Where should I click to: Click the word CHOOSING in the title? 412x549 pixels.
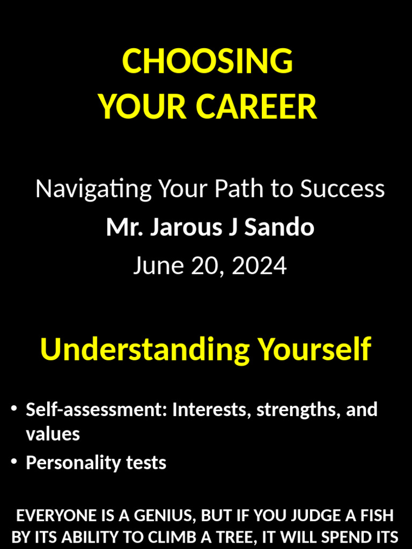point(208,61)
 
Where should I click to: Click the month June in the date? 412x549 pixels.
point(155,266)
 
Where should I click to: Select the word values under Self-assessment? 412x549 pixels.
point(53,434)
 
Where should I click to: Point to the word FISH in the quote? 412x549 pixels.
point(377,516)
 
